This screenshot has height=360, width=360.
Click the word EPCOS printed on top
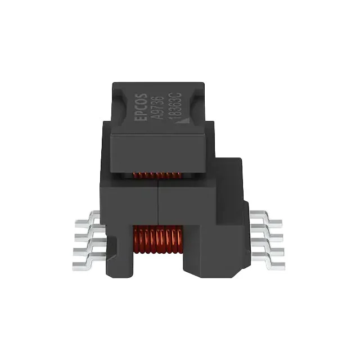coord(141,107)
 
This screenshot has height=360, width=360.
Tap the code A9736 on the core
coord(159,107)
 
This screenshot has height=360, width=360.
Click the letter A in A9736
coord(159,116)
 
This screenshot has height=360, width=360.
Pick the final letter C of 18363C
coord(177,94)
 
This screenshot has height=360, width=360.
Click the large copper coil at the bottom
coord(157,239)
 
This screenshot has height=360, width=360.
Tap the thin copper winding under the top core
coord(157,175)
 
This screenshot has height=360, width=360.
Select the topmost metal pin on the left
coord(88,219)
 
